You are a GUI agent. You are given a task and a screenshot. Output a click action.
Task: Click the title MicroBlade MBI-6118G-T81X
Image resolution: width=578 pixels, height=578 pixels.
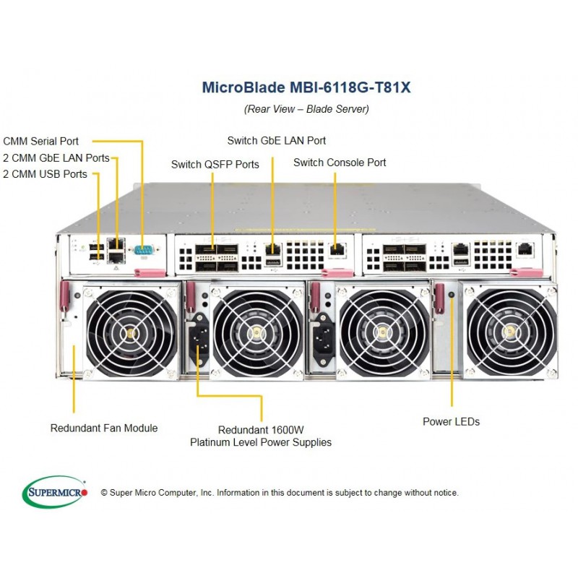(x=306, y=87)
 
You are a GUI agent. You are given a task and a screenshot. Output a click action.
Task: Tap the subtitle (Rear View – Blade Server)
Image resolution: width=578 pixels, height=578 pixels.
(x=306, y=109)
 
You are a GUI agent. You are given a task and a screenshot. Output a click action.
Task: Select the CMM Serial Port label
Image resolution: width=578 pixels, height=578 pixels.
(x=41, y=141)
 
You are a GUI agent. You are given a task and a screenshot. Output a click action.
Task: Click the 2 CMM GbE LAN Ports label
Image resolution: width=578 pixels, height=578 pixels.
(x=56, y=158)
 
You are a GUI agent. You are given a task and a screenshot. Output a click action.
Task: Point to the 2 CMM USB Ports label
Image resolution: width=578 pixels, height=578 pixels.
(x=45, y=174)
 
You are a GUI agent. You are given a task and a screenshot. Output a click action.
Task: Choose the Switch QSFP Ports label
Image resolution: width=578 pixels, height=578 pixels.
(x=215, y=165)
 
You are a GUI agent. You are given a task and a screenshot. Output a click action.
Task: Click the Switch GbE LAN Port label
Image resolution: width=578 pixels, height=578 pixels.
(x=277, y=140)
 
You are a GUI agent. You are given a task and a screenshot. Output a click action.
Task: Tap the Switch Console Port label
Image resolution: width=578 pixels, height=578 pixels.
(x=340, y=163)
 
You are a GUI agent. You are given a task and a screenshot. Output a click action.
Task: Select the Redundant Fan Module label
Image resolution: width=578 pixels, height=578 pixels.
(x=104, y=428)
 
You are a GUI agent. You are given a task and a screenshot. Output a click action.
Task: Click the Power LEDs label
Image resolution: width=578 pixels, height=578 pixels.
(x=451, y=422)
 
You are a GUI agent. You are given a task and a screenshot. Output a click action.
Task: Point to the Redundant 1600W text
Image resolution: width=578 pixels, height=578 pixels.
(x=261, y=430)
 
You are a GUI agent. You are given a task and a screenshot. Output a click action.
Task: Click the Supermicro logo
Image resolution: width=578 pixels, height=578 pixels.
(x=55, y=492)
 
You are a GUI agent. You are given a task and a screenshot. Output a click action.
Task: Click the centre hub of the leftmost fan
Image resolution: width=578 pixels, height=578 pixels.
(x=131, y=334)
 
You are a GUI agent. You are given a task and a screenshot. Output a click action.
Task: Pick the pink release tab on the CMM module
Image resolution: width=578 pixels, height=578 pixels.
(x=150, y=273)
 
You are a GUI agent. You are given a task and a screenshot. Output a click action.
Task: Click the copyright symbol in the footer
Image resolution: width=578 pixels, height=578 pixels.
(x=104, y=493)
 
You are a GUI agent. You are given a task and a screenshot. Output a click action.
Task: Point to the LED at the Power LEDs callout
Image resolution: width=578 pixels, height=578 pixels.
(x=452, y=295)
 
